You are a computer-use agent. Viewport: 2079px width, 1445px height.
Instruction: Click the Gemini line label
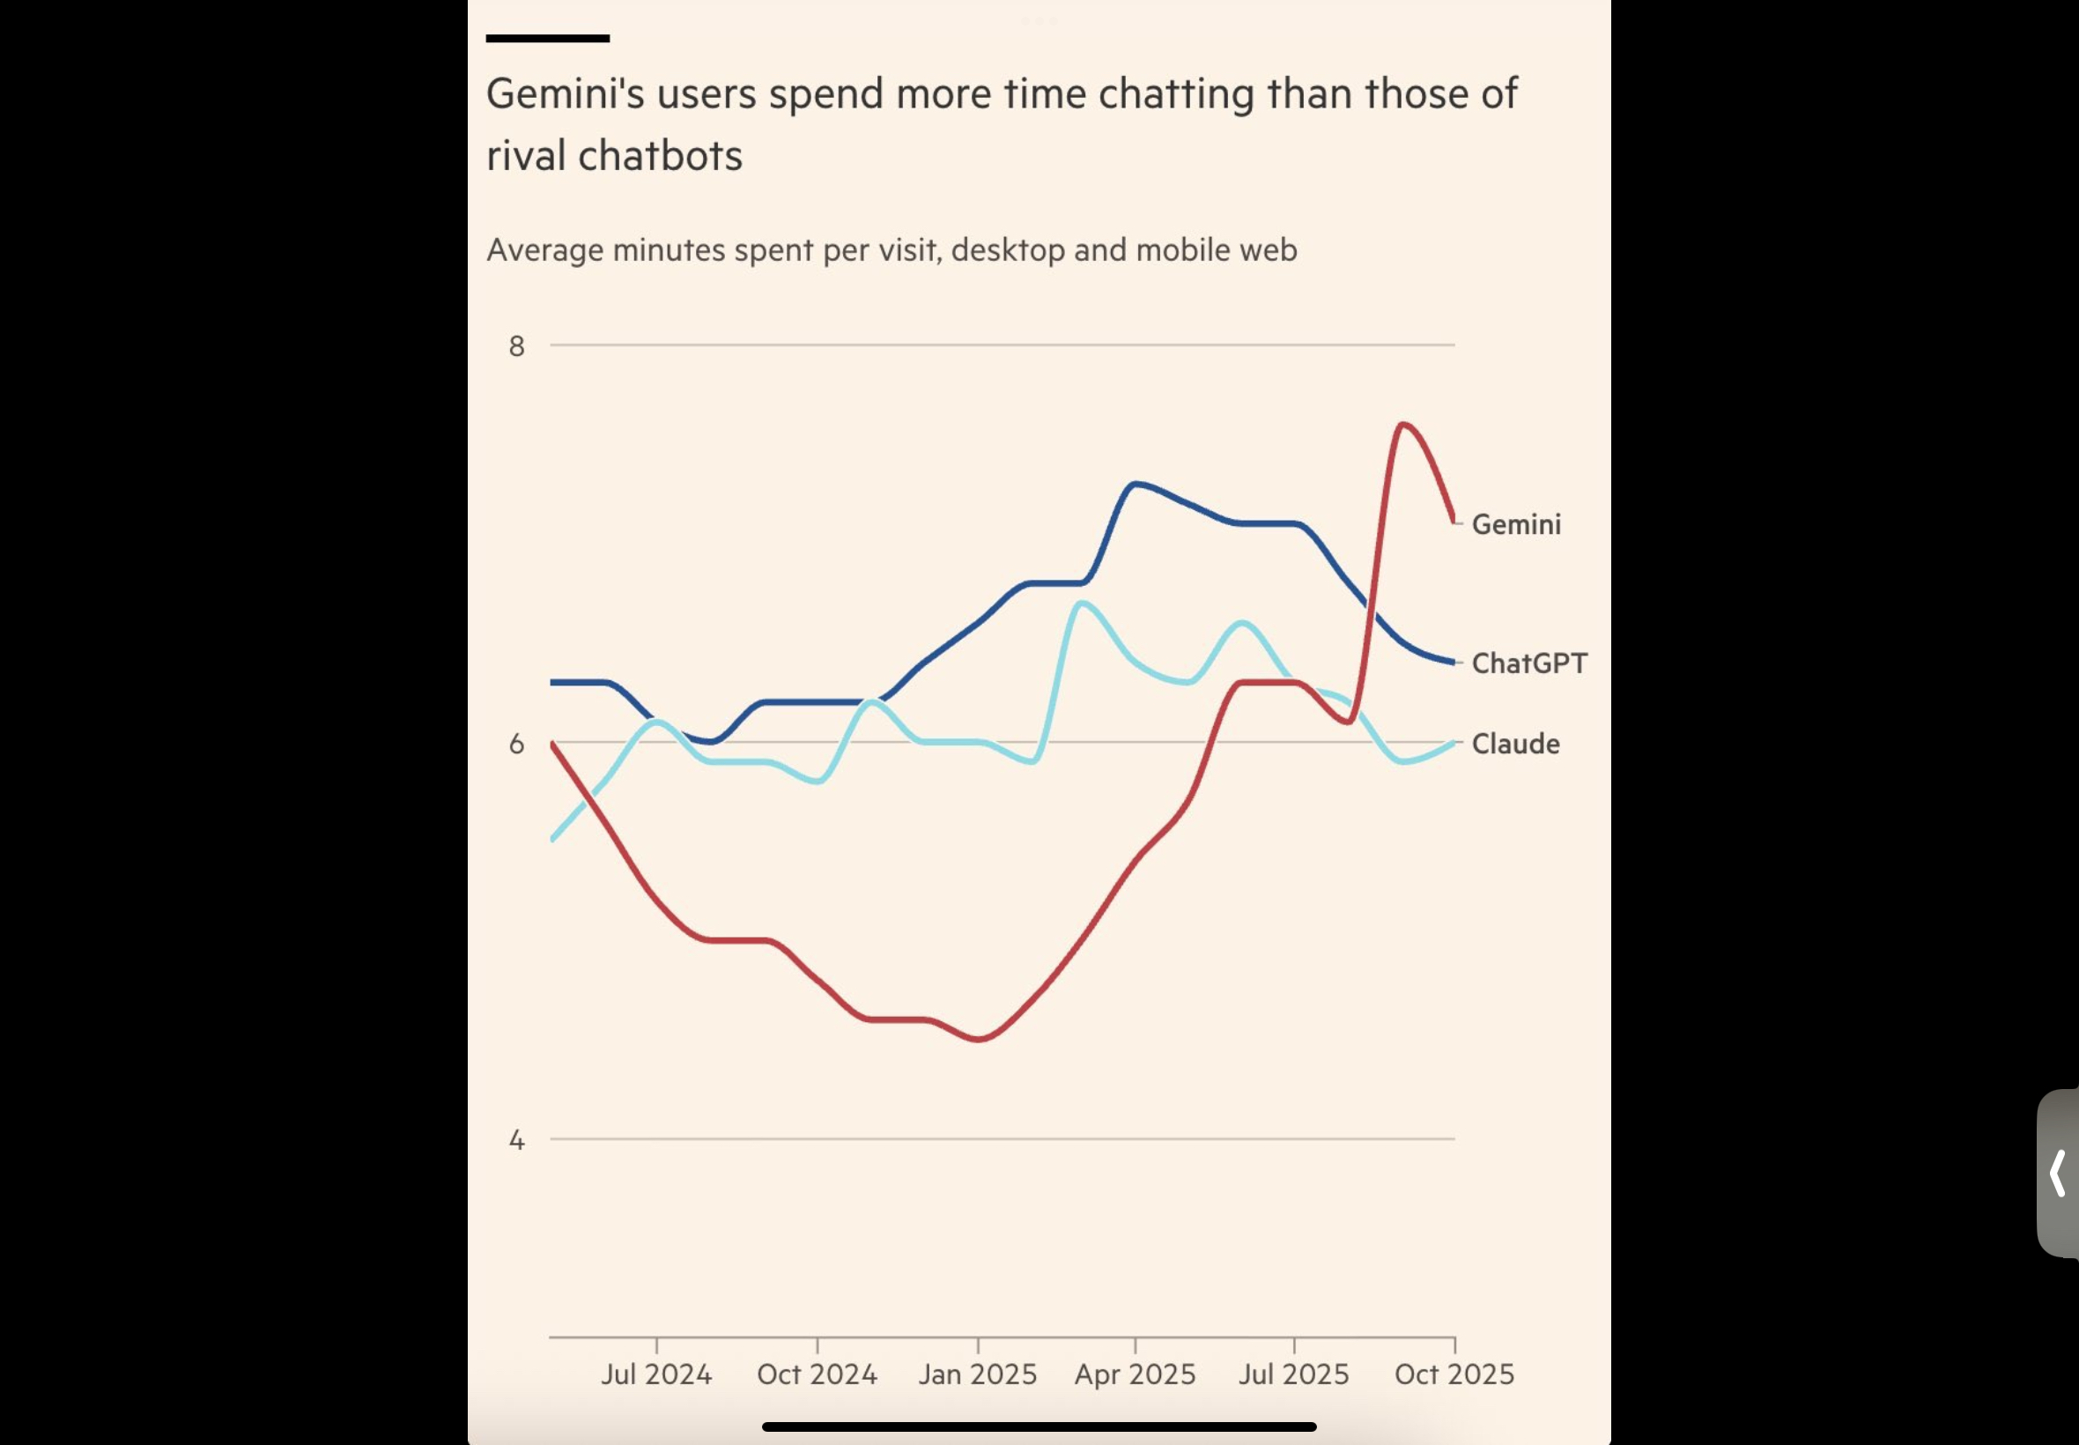coord(1516,524)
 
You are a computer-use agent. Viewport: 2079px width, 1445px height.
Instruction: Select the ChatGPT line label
coord(1528,663)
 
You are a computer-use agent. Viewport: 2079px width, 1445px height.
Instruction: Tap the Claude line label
coord(1515,744)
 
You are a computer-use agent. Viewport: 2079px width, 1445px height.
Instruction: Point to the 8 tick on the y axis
coord(517,346)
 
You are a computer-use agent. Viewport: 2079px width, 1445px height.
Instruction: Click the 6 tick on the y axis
coord(517,744)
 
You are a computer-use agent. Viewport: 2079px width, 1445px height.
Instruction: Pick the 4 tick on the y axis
coord(517,1140)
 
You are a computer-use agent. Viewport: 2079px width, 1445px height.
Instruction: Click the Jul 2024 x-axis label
coord(656,1375)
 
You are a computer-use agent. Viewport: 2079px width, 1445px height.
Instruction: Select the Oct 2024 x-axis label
coord(817,1375)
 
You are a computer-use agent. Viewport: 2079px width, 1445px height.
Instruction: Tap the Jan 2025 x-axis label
coord(978,1375)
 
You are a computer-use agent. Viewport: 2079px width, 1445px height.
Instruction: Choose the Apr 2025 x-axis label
coord(1135,1375)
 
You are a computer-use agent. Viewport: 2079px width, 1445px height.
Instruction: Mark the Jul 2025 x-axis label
coord(1293,1375)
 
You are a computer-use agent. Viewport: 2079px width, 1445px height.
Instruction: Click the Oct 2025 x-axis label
coord(1454,1375)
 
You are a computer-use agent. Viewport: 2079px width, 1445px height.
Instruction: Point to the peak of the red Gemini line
coord(1402,424)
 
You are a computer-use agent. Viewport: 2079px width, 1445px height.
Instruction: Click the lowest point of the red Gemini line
coord(980,1039)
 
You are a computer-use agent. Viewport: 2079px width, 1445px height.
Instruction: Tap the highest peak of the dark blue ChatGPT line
coord(1135,485)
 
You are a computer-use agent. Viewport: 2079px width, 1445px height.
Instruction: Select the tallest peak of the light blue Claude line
coord(1082,603)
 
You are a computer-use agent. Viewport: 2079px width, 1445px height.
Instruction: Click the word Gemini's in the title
coord(565,94)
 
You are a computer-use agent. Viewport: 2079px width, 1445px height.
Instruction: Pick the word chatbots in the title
coord(660,156)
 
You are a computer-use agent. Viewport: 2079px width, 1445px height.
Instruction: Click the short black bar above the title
coord(548,39)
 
